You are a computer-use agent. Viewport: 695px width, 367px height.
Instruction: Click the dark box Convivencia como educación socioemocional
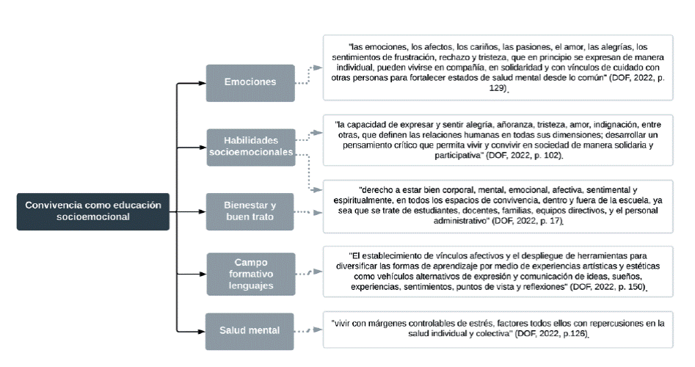coord(93,211)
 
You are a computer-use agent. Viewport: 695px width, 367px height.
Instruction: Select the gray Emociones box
coord(250,81)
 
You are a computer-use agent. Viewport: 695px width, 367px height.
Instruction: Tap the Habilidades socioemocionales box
coord(250,145)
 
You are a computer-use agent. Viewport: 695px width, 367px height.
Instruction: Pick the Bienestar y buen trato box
coord(250,211)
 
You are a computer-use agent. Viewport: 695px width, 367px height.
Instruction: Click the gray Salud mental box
coord(250,330)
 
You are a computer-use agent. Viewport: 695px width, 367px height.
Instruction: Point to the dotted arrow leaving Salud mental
coord(308,330)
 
